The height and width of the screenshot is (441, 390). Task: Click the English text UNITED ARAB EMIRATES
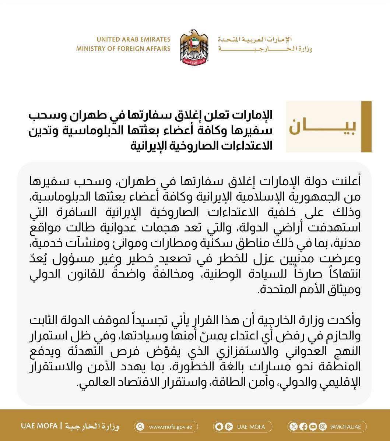134,39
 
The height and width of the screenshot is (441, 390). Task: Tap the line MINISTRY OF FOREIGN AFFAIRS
123,49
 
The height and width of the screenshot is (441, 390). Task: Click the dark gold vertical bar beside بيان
366,127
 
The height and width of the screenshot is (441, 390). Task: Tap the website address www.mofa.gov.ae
169,427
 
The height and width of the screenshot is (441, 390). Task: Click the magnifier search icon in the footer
140,427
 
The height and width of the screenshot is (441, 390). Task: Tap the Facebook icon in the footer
303,427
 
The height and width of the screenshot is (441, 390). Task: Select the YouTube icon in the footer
313,427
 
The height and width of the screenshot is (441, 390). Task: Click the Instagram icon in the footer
323,427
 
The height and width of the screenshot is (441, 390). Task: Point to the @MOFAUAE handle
343,427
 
